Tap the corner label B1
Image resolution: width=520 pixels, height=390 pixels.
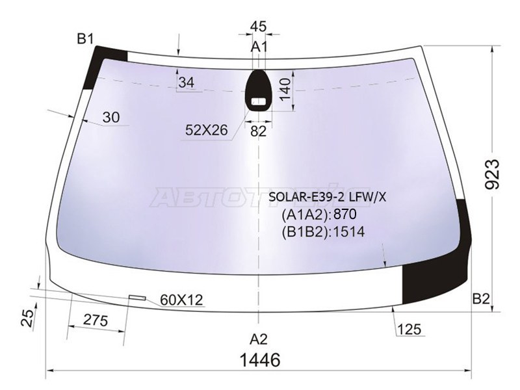pyautogui.click(x=86, y=38)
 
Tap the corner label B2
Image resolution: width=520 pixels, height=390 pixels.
pyautogui.click(x=480, y=299)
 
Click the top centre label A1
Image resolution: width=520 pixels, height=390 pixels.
pyautogui.click(x=259, y=47)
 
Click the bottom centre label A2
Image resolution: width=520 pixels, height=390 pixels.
pyautogui.click(x=259, y=338)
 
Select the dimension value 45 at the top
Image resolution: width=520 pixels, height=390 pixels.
pyautogui.click(x=258, y=27)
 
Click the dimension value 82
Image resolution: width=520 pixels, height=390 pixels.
pyautogui.click(x=259, y=131)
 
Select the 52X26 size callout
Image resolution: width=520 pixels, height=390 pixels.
pyautogui.click(x=206, y=130)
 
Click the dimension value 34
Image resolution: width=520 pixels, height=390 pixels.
pyautogui.click(x=186, y=83)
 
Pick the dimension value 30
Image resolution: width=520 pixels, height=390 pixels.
pyautogui.click(x=111, y=117)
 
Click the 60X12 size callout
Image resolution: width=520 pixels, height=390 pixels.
pyautogui.click(x=181, y=300)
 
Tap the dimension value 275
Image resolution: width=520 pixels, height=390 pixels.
pyautogui.click(x=96, y=321)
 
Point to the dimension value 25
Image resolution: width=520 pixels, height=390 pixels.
pyautogui.click(x=26, y=318)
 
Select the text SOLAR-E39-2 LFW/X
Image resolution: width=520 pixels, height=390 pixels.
pyautogui.click(x=323, y=196)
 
